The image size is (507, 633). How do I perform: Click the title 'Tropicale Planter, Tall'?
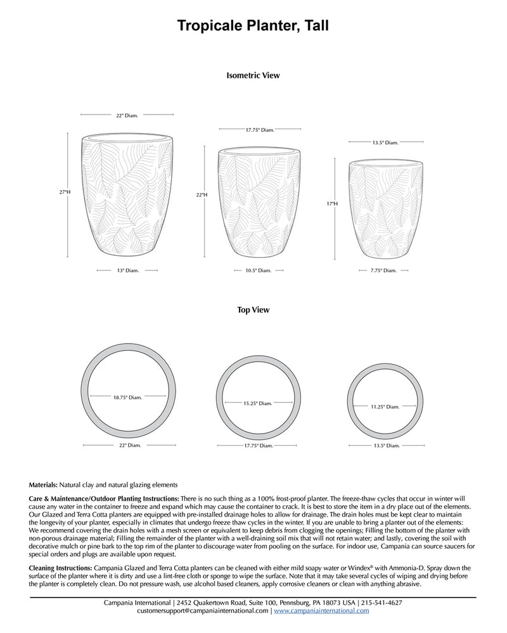click(x=253, y=25)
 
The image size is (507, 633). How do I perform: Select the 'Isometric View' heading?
click(x=253, y=75)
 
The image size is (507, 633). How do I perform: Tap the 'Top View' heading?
click(x=253, y=310)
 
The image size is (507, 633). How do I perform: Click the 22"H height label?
click(x=202, y=196)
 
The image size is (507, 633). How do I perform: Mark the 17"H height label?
click(x=332, y=204)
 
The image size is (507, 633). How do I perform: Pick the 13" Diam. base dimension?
click(x=127, y=270)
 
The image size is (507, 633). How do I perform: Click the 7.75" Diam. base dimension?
click(x=384, y=270)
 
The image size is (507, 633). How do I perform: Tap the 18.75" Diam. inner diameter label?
click(x=127, y=398)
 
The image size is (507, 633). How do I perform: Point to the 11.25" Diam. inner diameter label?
click(x=385, y=407)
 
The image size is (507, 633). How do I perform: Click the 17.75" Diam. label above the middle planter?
click(x=260, y=130)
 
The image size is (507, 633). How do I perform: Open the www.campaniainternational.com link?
click(x=321, y=611)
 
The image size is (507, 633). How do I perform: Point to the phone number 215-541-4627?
click(x=382, y=603)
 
